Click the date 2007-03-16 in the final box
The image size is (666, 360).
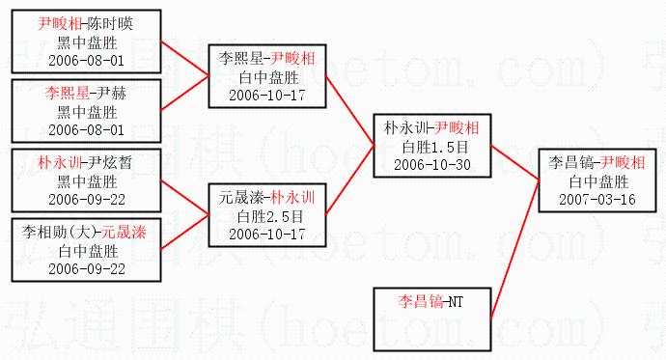click(x=597, y=200)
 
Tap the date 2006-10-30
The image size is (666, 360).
click(x=432, y=165)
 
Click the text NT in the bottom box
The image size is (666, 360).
click(x=457, y=302)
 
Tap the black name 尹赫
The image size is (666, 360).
click(x=111, y=93)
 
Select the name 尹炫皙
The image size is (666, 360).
click(x=110, y=162)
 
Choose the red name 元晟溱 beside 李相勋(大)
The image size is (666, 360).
click(x=124, y=232)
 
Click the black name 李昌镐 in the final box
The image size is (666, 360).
click(x=570, y=162)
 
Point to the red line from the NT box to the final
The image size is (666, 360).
click(x=514, y=249)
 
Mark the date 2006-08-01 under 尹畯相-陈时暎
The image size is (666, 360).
click(x=86, y=60)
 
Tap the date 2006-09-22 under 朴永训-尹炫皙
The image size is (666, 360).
click(x=87, y=200)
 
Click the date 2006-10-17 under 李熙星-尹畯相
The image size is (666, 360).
click(x=267, y=96)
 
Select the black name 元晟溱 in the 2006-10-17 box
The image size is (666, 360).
click(x=241, y=198)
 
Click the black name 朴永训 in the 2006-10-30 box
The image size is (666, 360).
click(x=407, y=127)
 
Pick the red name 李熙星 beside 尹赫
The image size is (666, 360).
click(x=68, y=93)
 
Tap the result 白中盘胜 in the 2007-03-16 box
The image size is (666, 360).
click(x=598, y=181)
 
